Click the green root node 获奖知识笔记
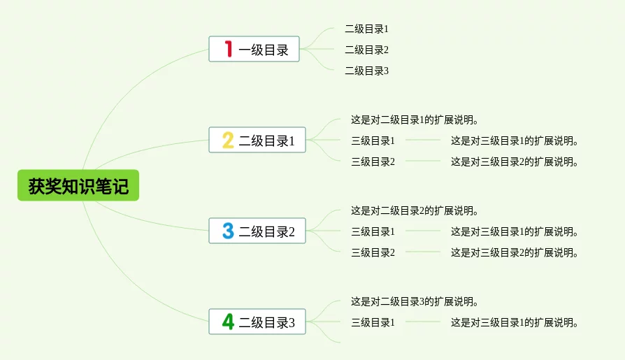pyautogui.click(x=78, y=185)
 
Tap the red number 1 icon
pyautogui.click(x=229, y=49)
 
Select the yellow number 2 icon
pyautogui.click(x=228, y=140)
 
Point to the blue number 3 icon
pyautogui.click(x=228, y=231)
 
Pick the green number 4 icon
pyautogui.click(x=228, y=322)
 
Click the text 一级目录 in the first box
pyautogui.click(x=264, y=50)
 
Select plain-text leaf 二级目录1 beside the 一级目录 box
pyautogui.click(x=367, y=29)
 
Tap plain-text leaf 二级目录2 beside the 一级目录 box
pyautogui.click(x=367, y=50)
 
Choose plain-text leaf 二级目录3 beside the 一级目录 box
pyautogui.click(x=367, y=71)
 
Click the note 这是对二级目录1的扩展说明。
pyautogui.click(x=415, y=120)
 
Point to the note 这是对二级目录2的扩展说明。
pyautogui.click(x=415, y=211)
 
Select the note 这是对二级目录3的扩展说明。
pyautogui.click(x=415, y=302)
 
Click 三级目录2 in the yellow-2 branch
pyautogui.click(x=373, y=162)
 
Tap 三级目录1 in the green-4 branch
pyautogui.click(x=373, y=322)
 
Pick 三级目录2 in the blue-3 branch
pyautogui.click(x=373, y=253)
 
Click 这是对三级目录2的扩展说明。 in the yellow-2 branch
pyautogui.click(x=515, y=162)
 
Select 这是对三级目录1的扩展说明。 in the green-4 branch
pyautogui.click(x=515, y=322)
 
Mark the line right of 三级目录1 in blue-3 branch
pyautogui.click(x=423, y=231)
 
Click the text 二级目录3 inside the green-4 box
pyautogui.click(x=266, y=322)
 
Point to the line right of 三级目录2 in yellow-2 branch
pyautogui.click(x=423, y=161)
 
